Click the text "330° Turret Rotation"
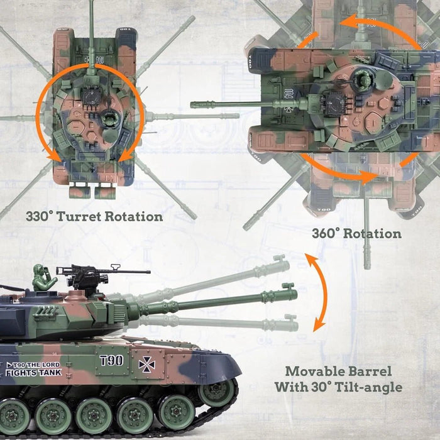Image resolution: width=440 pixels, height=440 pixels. tap(94, 217)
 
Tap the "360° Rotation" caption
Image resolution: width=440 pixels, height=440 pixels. tap(356, 234)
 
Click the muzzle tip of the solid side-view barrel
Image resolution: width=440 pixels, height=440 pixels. tap(290, 293)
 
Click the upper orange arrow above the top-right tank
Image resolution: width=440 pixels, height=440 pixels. tap(352, 25)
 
